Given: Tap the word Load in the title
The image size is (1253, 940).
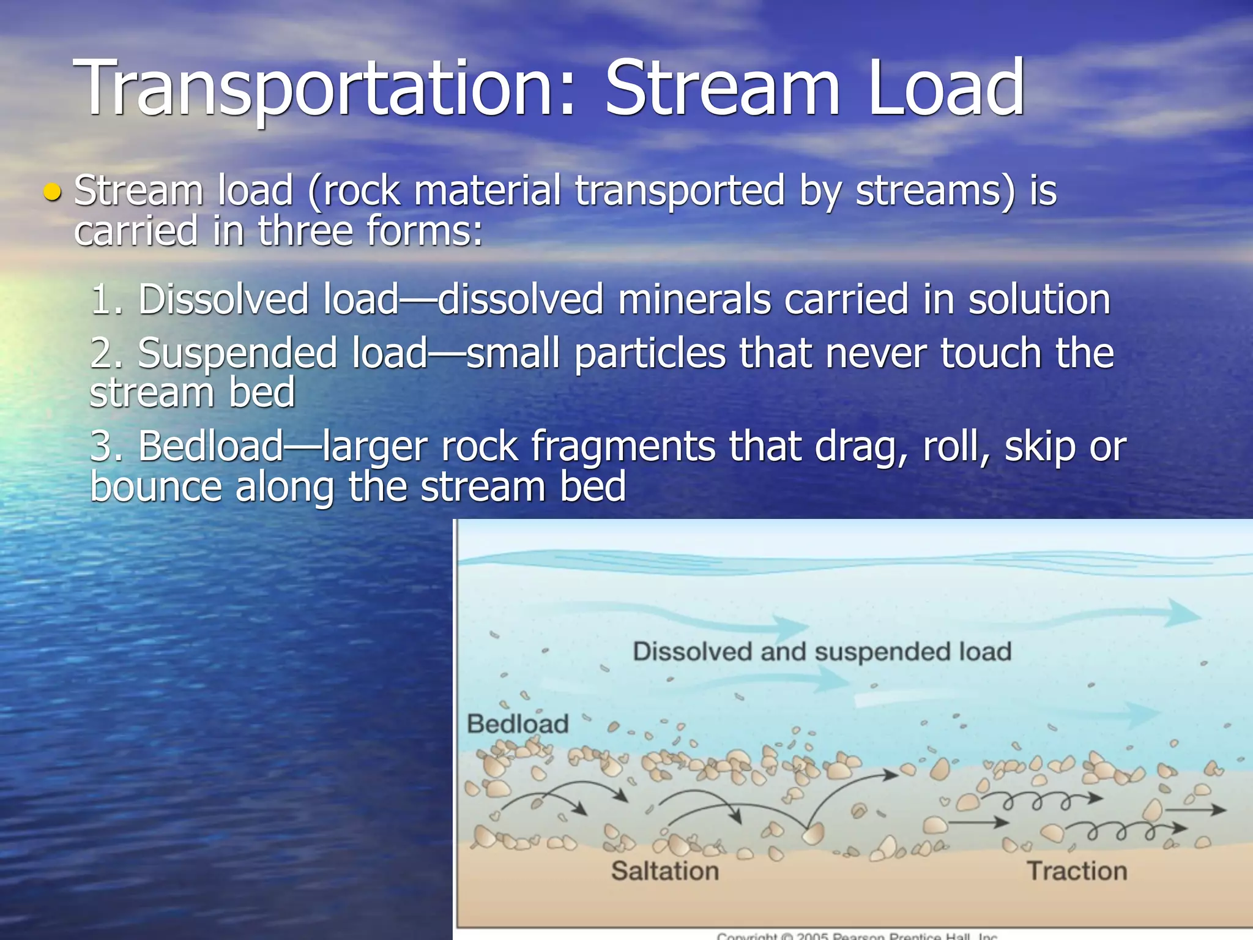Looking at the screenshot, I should [945, 89].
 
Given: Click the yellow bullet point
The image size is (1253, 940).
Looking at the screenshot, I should [53, 193].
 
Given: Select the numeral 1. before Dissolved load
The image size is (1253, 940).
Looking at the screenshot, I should [106, 300].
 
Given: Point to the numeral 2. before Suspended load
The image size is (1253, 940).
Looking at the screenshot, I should [106, 354].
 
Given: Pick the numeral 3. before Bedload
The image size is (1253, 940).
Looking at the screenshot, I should [106, 446].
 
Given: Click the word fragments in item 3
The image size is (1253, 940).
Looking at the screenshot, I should [623, 446].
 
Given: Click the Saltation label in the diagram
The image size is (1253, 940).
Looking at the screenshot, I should [665, 871].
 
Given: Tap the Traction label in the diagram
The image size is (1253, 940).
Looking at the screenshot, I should [1077, 871].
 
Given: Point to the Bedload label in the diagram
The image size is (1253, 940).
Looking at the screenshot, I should [518, 724].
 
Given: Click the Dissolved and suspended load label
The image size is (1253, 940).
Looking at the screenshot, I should [822, 652].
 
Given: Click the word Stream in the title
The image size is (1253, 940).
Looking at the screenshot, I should [722, 89].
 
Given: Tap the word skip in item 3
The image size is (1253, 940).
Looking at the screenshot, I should [1039, 446].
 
